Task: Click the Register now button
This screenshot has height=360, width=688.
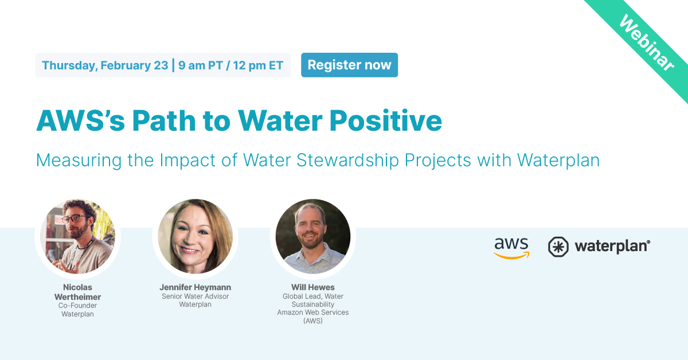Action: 349,65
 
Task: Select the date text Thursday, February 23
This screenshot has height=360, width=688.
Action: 105,65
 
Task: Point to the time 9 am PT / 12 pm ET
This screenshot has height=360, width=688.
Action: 230,65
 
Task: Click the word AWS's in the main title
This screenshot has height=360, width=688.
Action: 80,120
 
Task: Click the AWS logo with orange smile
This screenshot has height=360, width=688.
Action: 511,247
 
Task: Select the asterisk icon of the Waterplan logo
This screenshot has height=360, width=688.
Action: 558,246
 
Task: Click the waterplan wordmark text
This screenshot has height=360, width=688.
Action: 612,246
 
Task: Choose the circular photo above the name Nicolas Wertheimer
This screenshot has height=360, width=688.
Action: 77,236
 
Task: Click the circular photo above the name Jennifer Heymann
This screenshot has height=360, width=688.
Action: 195,236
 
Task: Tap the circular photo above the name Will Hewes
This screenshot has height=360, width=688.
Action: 312,236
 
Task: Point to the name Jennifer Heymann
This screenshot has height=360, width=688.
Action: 195,287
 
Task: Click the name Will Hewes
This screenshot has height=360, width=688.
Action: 312,287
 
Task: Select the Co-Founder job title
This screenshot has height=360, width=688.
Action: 77,306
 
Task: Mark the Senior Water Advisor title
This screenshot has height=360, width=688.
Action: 195,296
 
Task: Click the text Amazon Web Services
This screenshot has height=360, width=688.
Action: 312,312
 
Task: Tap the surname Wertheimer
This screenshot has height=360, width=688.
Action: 77,296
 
